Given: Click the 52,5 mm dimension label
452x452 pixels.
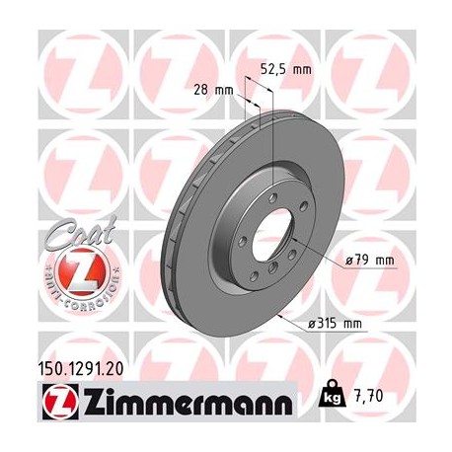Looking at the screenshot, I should click(x=285, y=70).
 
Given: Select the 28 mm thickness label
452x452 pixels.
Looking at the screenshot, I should click(x=213, y=90).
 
